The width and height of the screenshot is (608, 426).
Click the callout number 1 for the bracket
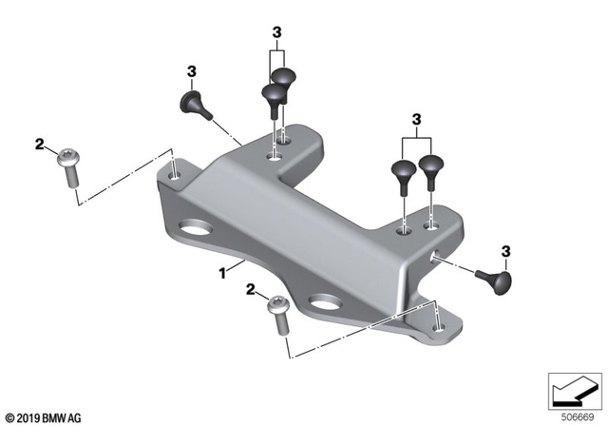223,272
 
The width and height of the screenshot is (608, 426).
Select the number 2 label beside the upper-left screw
40,145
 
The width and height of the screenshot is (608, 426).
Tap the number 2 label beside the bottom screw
250,288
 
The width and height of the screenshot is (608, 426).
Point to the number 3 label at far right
505,251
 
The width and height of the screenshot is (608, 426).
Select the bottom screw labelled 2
279,312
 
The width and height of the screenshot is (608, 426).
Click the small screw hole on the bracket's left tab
176,175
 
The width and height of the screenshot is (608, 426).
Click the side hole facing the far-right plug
436,255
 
